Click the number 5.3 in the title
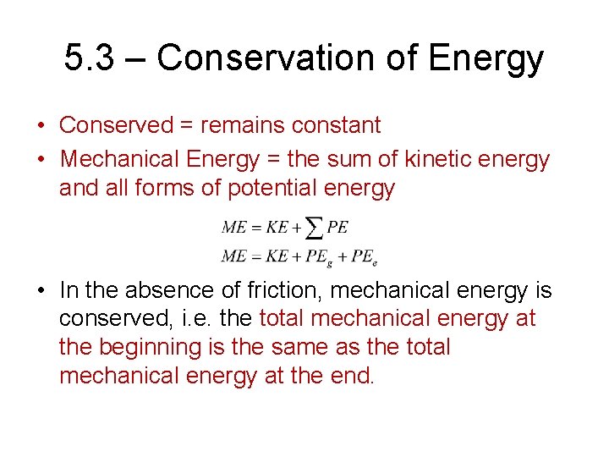[x=88, y=58]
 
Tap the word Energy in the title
[x=486, y=58]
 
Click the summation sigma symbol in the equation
[x=314, y=228]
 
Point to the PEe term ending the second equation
[x=364, y=256]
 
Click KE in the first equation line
[x=277, y=228]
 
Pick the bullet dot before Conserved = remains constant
[x=41, y=126]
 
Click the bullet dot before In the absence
[x=41, y=291]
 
